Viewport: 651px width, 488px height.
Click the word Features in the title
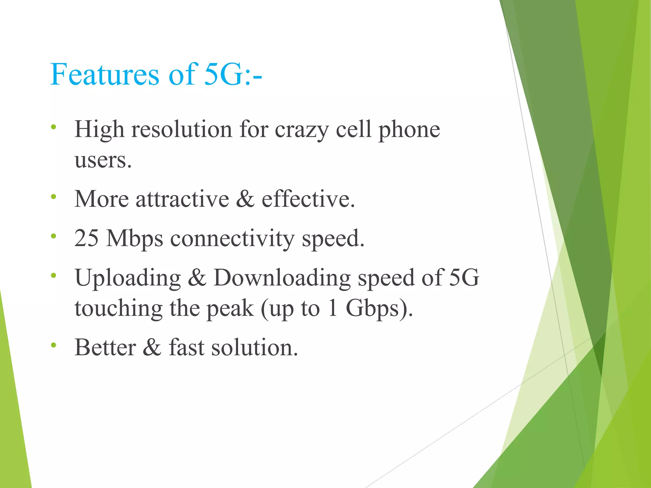(x=105, y=75)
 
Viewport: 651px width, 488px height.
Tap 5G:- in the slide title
(x=233, y=75)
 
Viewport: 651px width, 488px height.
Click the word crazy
(x=302, y=130)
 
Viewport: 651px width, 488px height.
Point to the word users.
(x=103, y=160)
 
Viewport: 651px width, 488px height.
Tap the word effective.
(x=308, y=199)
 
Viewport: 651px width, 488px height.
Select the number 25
(x=86, y=238)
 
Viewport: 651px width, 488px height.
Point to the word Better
(x=105, y=348)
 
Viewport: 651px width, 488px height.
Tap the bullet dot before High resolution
(x=53, y=127)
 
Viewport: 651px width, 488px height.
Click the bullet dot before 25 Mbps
(x=53, y=236)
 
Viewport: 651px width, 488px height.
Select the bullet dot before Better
(x=53, y=345)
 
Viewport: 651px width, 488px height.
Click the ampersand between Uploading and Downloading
(x=197, y=278)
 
